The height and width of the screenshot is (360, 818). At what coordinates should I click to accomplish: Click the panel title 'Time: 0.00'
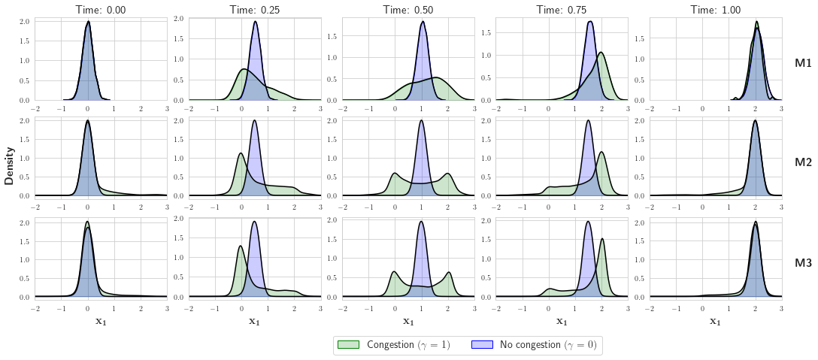pos(101,9)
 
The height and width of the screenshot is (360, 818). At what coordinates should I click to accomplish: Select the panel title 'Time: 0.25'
pos(254,9)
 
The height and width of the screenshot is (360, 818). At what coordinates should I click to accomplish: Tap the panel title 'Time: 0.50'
pos(408,9)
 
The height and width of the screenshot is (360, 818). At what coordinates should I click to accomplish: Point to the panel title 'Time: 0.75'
pos(562,9)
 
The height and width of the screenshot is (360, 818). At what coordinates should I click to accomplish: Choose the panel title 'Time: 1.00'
pos(715,9)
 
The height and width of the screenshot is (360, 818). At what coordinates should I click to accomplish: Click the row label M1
pos(803,64)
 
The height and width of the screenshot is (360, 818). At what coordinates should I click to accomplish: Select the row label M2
pos(803,162)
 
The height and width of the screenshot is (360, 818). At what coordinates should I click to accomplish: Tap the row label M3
pos(803,263)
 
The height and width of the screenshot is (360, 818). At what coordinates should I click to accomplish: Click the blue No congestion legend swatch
pos(482,344)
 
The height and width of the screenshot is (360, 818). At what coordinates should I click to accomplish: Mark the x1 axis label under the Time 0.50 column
pos(408,322)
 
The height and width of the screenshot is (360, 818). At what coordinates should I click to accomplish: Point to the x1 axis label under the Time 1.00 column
pos(715,322)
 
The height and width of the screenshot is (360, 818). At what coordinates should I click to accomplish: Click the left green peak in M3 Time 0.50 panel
pos(395,272)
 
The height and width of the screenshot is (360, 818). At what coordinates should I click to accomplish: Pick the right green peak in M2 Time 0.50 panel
pos(448,174)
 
